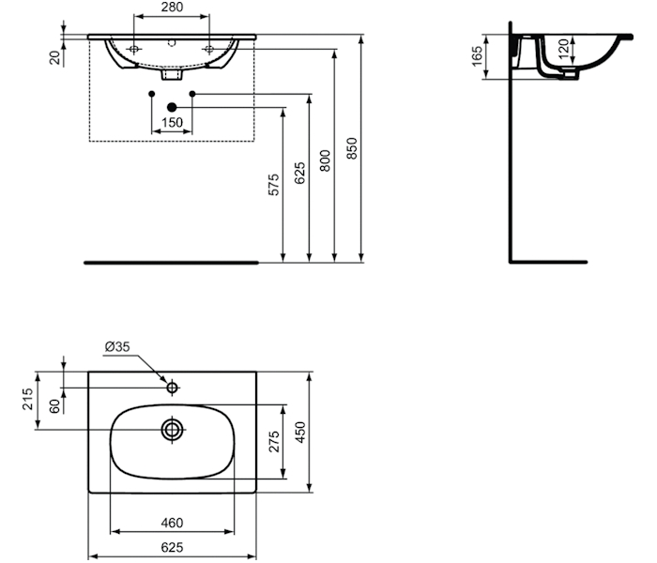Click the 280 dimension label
coord(172,8)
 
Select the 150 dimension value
coord(172,122)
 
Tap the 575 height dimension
coord(273,185)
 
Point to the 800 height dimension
coord(325,160)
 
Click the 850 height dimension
coord(352,148)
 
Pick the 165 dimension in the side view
coord(477,56)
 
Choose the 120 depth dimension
coord(565,48)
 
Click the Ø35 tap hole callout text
coord(117,347)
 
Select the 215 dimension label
coord(27,399)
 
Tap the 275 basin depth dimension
coord(274,442)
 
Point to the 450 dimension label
coord(300,433)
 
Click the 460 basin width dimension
coord(172,523)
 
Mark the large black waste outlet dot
coord(172,107)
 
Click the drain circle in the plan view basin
coord(172,430)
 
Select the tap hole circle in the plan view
coord(172,388)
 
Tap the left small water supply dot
coord(152,94)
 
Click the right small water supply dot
coord(192,94)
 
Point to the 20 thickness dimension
coord(54,57)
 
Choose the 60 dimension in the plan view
coord(54,406)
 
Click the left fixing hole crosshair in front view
coord(133,50)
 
